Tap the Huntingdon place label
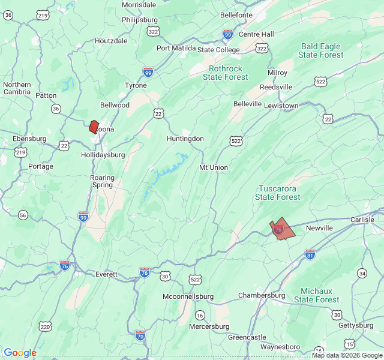(185, 139)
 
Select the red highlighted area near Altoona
(94, 126)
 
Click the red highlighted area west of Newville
(281, 230)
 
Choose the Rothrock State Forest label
(225, 73)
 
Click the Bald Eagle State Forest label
(321, 50)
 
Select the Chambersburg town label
(262, 295)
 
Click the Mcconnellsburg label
(188, 297)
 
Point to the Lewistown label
(281, 106)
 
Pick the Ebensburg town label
(29, 139)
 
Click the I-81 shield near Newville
(310, 254)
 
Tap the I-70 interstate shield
(140, 335)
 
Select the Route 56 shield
(23, 215)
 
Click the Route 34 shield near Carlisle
(362, 273)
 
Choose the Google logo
(20, 353)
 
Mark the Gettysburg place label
(356, 325)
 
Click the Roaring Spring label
(102, 182)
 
